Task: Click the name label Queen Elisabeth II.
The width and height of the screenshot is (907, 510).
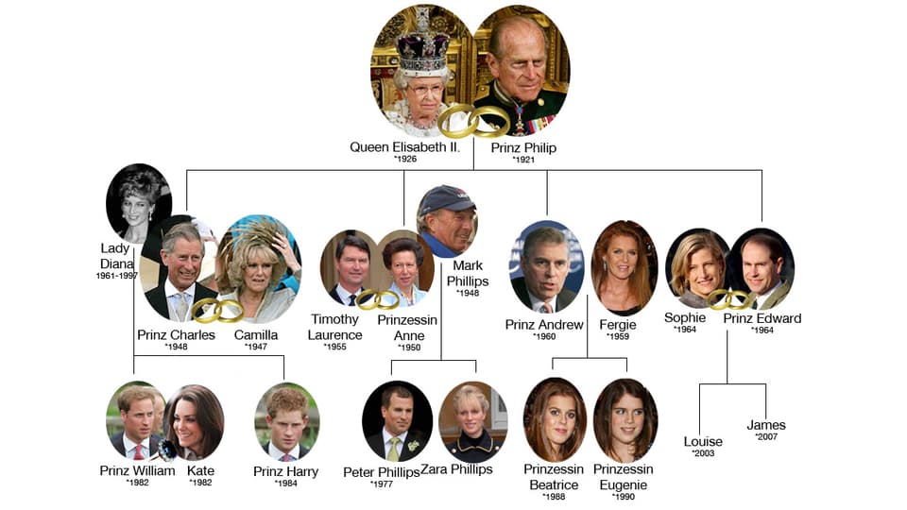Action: pyautogui.click(x=404, y=147)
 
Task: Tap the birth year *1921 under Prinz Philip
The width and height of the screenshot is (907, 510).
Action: pyautogui.click(x=524, y=160)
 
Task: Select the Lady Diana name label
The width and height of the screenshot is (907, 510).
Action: pyautogui.click(x=115, y=256)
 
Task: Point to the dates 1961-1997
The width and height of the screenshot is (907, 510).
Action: pyautogui.click(x=117, y=276)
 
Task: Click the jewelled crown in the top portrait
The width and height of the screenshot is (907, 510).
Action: pyautogui.click(x=424, y=42)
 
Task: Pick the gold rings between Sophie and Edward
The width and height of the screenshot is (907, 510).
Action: pyautogui.click(x=731, y=299)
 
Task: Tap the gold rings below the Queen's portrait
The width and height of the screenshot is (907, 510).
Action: pyautogui.click(x=473, y=122)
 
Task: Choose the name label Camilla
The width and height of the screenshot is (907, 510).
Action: pyautogui.click(x=256, y=334)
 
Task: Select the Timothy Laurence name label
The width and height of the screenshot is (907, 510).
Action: pyautogui.click(x=334, y=327)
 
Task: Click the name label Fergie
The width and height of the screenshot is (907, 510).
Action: pyautogui.click(x=618, y=324)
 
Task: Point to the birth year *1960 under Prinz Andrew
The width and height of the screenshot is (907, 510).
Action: pyautogui.click(x=544, y=336)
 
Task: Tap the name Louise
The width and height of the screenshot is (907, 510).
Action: pyautogui.click(x=703, y=441)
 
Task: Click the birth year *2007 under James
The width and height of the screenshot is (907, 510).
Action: pyautogui.click(x=766, y=437)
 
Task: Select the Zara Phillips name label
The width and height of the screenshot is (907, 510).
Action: pyautogui.click(x=457, y=469)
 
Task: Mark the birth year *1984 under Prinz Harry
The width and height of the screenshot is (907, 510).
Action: pyautogui.click(x=286, y=484)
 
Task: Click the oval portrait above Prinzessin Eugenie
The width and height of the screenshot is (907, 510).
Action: pyautogui.click(x=625, y=419)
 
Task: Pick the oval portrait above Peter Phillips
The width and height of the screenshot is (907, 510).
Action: pyautogui.click(x=398, y=421)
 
